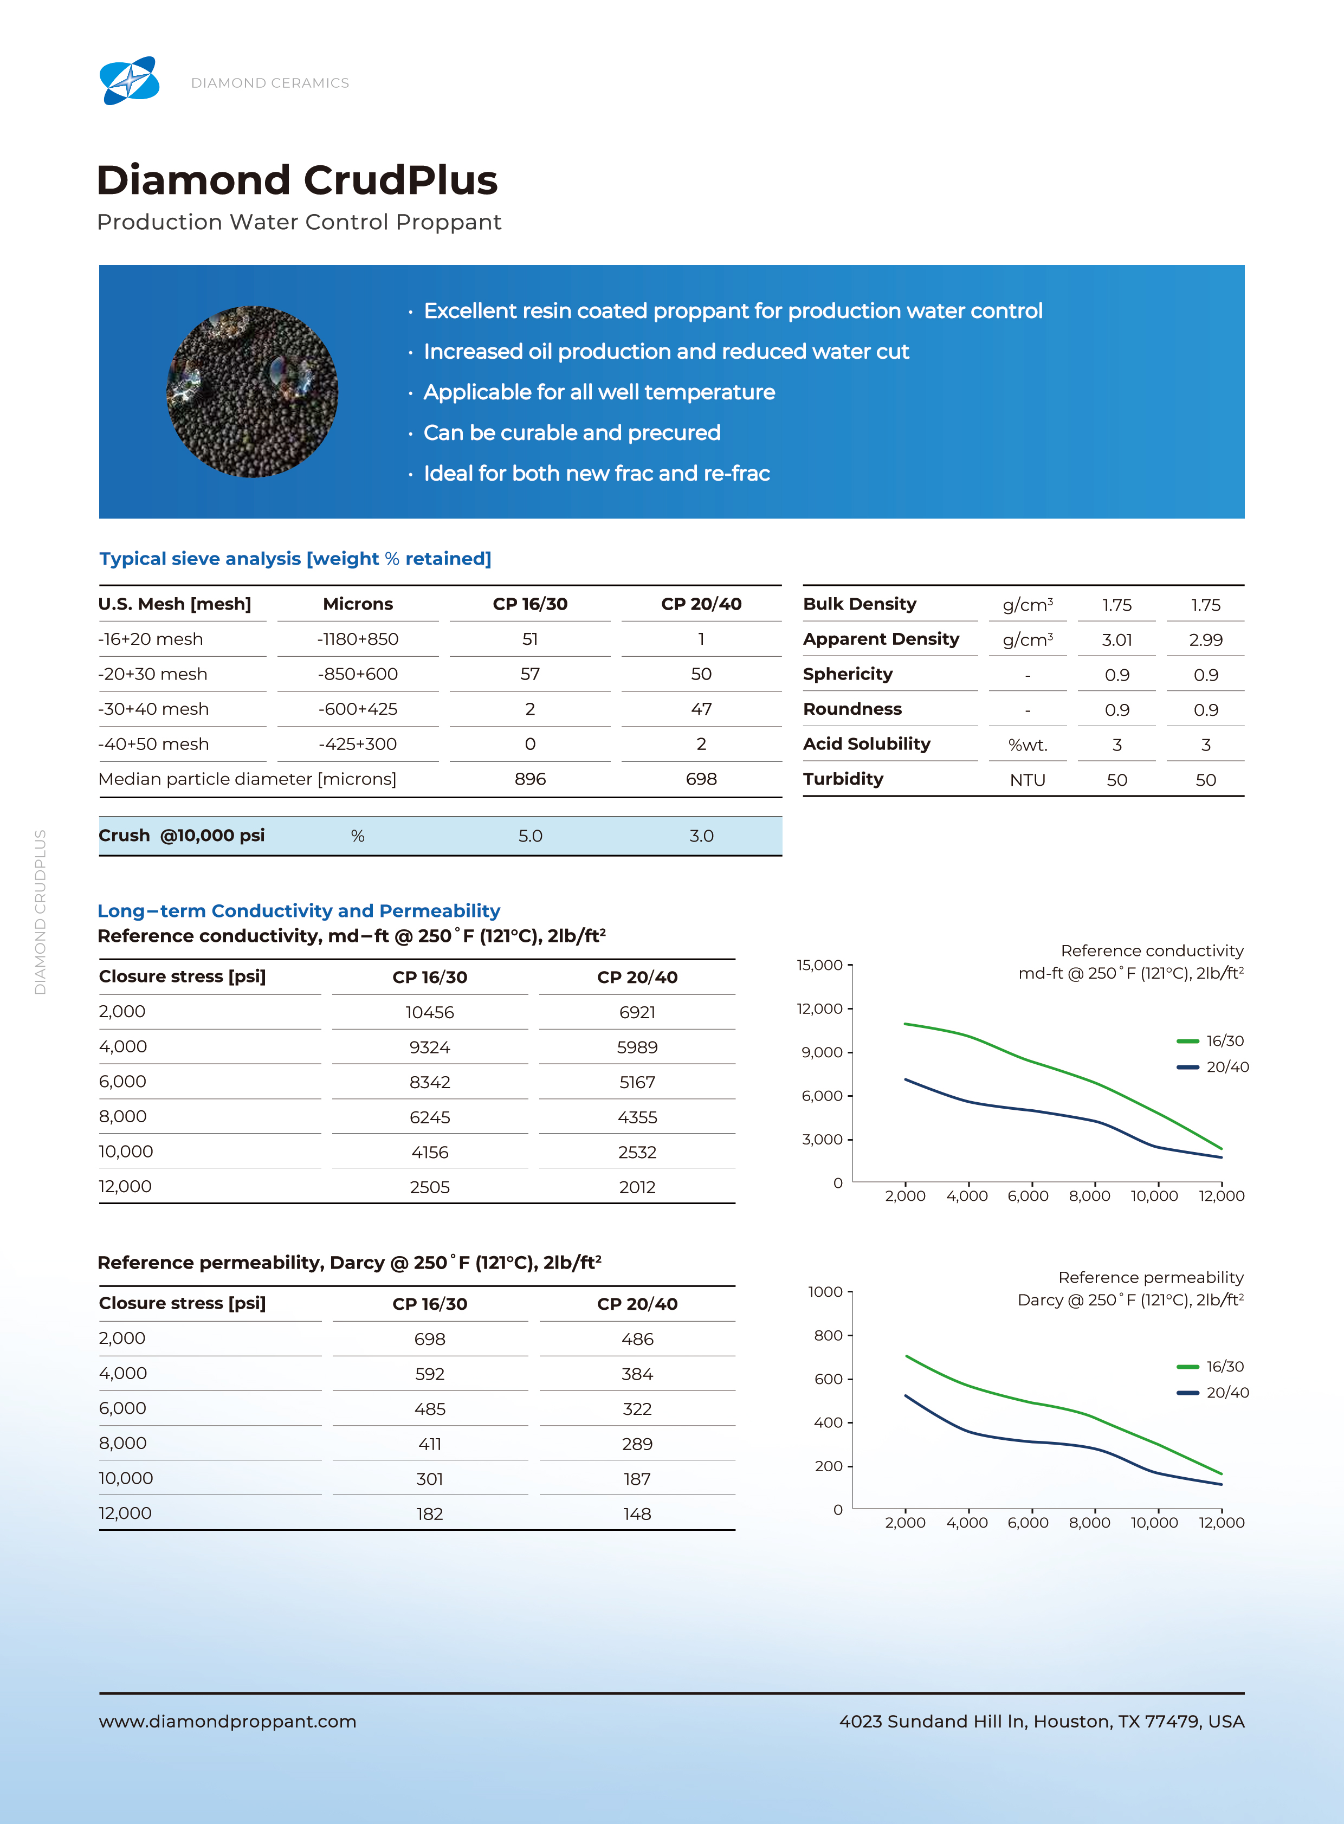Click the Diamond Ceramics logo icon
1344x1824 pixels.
[x=130, y=81]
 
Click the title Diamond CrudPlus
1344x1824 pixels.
[x=297, y=180]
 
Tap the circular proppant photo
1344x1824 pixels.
[x=252, y=391]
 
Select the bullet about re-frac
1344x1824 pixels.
[x=596, y=474]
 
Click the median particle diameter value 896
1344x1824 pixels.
[x=529, y=779]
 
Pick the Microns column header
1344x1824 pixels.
[x=358, y=604]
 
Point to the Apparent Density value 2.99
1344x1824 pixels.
[x=1206, y=639]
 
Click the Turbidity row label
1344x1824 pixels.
[x=843, y=779]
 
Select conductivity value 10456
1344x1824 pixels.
[x=430, y=1012]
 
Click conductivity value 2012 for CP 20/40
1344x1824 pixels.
[x=637, y=1187]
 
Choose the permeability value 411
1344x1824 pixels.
[x=430, y=1444]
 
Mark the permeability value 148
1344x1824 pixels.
[x=637, y=1514]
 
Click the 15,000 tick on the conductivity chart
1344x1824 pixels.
[x=819, y=965]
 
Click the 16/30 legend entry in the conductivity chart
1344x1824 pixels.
[x=1211, y=1040]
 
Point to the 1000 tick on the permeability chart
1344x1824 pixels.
[x=825, y=1291]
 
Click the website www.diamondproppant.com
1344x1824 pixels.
[x=228, y=1722]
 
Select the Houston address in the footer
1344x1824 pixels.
[x=1042, y=1722]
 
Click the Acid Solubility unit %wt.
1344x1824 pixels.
[x=1028, y=745]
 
